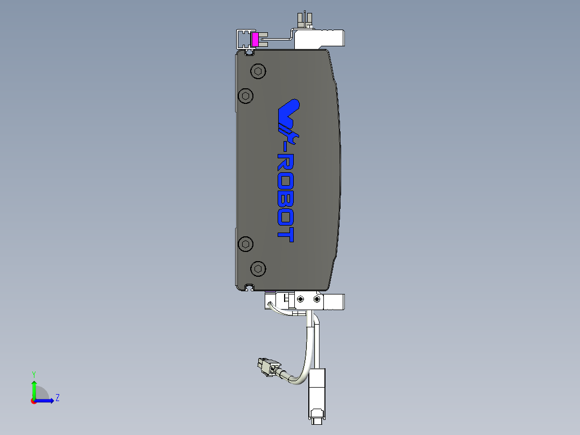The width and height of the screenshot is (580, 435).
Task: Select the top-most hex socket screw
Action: click(x=259, y=71)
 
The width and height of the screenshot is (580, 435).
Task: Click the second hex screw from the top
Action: click(x=246, y=96)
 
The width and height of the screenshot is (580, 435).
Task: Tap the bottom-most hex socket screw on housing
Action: click(x=259, y=268)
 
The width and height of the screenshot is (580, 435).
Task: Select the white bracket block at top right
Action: click(x=320, y=38)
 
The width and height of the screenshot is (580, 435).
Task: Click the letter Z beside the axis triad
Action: click(x=57, y=398)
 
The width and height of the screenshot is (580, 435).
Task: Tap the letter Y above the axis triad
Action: click(x=33, y=374)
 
